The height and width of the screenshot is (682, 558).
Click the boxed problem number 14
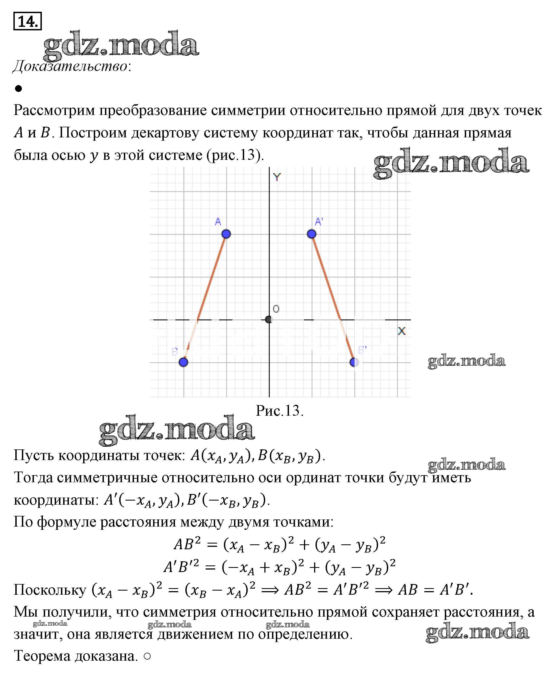27,21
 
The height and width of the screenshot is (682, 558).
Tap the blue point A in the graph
226,234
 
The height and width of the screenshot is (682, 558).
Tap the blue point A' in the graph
311,234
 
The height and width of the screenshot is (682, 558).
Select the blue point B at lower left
183,362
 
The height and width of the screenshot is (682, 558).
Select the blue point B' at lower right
354,362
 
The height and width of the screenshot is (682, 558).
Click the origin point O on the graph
269,319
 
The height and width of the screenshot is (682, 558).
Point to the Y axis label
277,177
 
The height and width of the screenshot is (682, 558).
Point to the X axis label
401,331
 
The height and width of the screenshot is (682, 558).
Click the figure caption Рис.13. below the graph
279,411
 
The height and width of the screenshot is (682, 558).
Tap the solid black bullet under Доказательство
18,88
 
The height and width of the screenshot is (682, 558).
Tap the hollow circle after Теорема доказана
147,657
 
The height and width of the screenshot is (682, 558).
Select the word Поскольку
50,590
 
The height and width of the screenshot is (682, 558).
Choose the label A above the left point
218,222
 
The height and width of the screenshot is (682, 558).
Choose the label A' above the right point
319,222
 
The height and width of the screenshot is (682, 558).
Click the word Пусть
33,455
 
